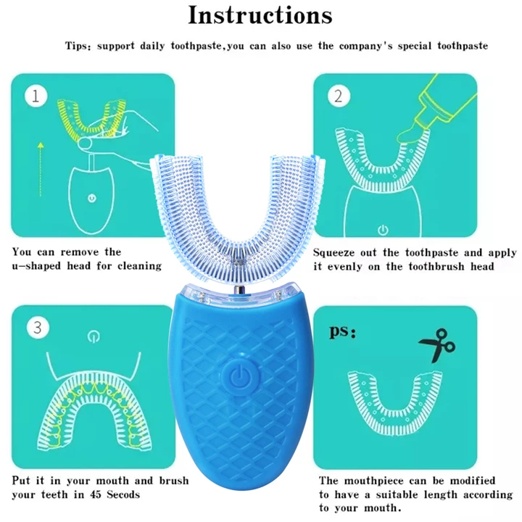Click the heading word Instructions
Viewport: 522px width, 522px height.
[260, 15]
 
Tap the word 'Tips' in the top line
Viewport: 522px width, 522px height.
[78, 46]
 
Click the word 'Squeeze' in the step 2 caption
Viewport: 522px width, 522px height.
[337, 252]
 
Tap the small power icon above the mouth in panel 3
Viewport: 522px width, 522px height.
[91, 336]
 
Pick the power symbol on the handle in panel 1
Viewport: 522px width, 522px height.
[91, 197]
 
